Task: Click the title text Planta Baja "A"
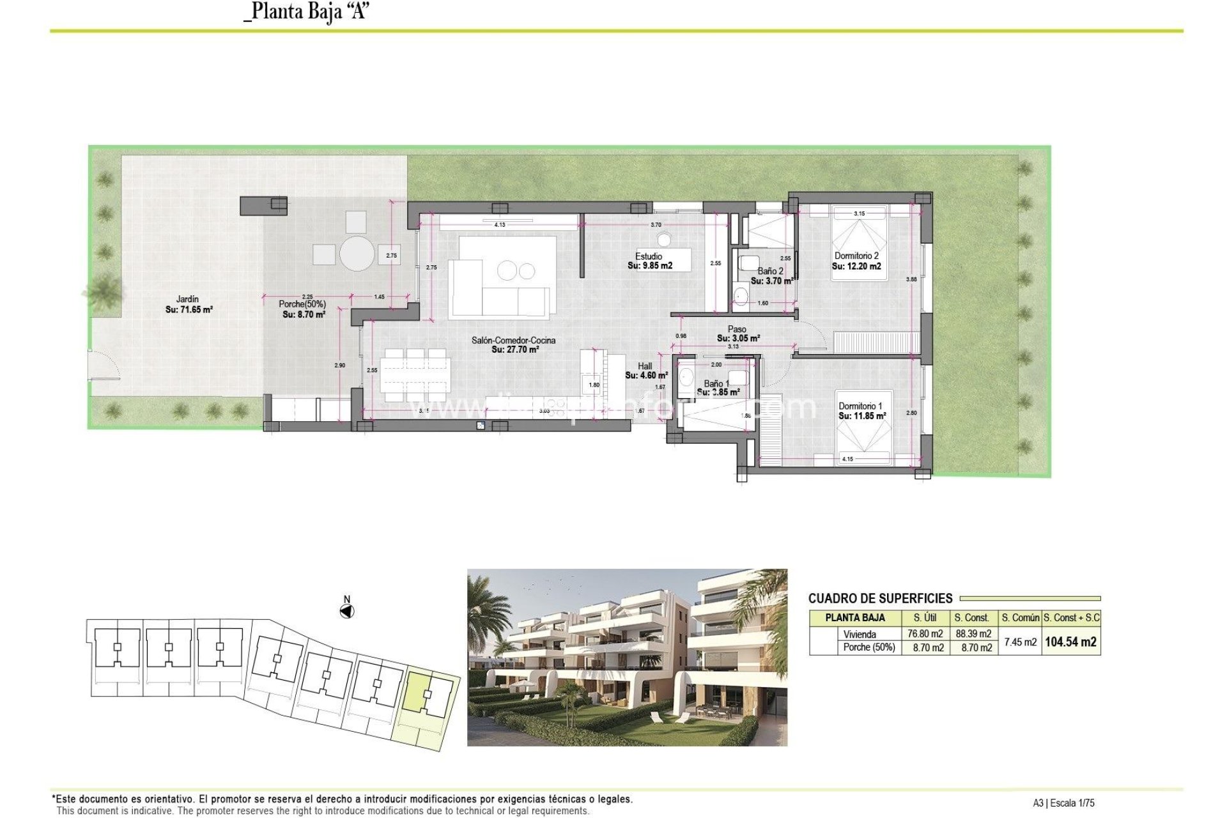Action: (x=307, y=12)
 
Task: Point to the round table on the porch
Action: (x=357, y=254)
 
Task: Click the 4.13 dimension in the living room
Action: (x=500, y=225)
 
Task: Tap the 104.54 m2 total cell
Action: (x=1070, y=642)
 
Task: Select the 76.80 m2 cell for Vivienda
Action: (x=925, y=634)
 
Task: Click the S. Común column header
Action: (x=1020, y=618)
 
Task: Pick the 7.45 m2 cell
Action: (x=1020, y=642)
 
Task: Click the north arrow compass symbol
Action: (x=346, y=612)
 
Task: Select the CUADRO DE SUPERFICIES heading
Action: (x=880, y=599)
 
